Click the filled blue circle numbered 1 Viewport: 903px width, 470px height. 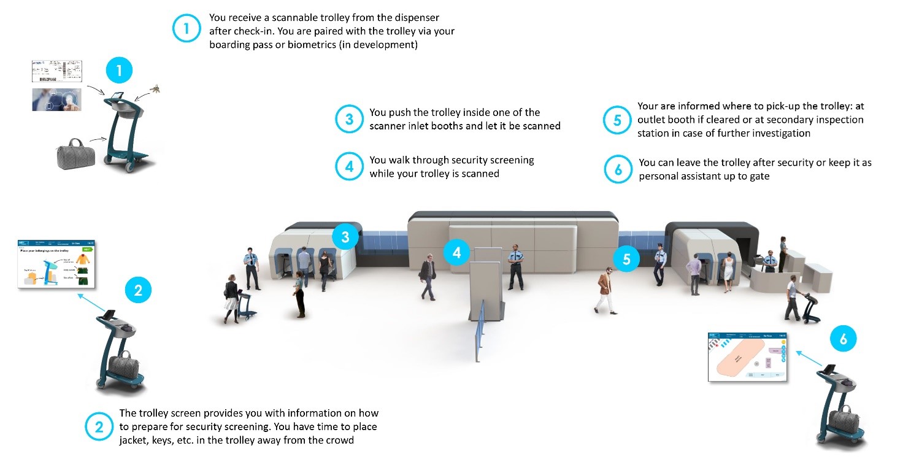[x=119, y=71]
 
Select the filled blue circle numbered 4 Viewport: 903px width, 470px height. [x=458, y=252]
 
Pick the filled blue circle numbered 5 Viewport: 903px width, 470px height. [x=626, y=259]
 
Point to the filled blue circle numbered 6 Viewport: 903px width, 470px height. [x=843, y=339]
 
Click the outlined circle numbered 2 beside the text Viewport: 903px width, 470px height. [x=99, y=426]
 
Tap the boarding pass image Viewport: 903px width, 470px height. [x=57, y=72]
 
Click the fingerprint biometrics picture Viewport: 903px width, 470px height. [x=57, y=99]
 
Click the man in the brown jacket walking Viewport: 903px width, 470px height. [x=605, y=290]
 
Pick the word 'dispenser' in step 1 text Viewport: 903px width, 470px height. [x=413, y=17]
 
